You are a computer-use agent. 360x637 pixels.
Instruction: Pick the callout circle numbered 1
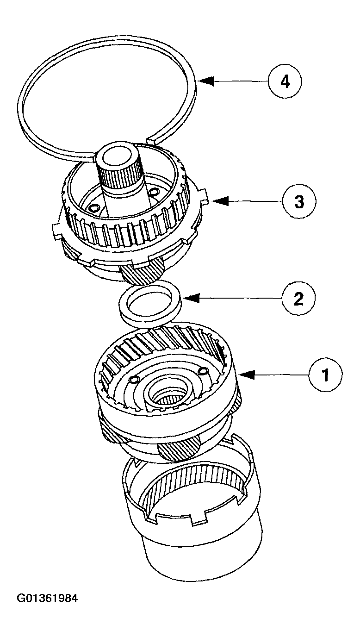coord(326,375)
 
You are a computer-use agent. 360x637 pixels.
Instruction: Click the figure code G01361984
coord(47,598)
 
